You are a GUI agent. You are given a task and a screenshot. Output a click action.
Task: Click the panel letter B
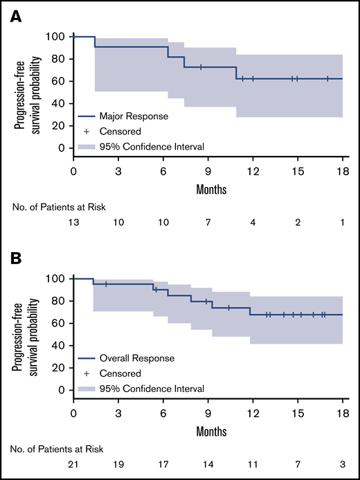point(16,260)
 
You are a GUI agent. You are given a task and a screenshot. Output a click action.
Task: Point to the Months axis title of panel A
point(208,188)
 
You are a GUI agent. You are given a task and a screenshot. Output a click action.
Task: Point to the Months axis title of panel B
point(208,429)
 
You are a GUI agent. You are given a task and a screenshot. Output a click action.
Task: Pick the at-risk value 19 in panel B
point(118,466)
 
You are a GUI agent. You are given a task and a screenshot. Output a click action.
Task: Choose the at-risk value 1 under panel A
point(343,224)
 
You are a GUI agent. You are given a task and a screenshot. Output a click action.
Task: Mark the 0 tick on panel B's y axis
point(62,390)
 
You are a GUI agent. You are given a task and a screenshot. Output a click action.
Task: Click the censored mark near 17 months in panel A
point(327,79)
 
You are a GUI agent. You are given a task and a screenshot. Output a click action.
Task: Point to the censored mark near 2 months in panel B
point(106,284)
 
